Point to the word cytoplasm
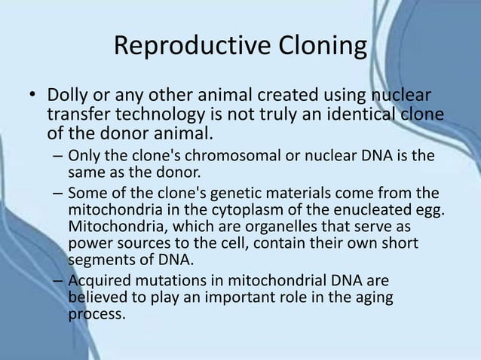coord(245,208)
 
